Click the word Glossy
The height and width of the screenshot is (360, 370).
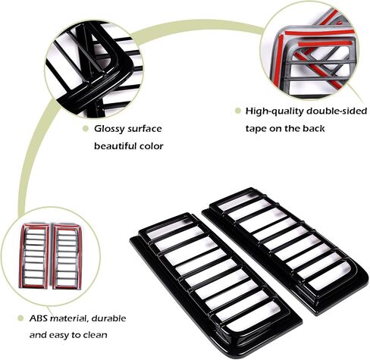point(109,130)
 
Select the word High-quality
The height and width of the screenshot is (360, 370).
point(274,111)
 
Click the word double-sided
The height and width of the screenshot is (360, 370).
point(337,111)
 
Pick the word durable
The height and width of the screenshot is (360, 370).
point(108,318)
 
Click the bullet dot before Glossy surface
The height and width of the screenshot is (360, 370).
point(86,129)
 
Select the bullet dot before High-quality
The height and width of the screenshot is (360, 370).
point(237,111)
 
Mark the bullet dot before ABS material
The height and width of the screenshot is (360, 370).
point(20,318)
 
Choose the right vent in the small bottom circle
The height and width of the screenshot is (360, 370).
point(67,256)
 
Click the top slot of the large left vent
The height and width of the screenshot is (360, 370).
point(168,227)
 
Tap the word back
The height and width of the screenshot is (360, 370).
point(314,129)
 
